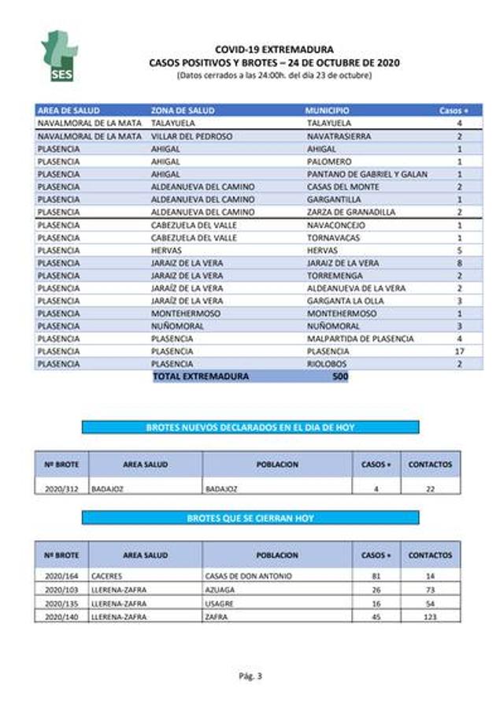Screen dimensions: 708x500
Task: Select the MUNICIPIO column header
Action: tap(327, 111)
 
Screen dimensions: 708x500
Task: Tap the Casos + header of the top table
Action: tap(454, 111)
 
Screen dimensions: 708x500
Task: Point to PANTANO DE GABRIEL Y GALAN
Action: tap(367, 174)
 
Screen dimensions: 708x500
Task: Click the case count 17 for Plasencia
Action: tap(458, 351)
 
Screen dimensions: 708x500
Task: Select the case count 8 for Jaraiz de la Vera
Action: tap(458, 263)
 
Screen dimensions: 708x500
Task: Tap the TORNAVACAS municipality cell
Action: tap(334, 238)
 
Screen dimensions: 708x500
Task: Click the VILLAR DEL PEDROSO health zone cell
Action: tap(191, 136)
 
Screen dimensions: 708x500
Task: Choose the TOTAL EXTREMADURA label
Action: tap(201, 376)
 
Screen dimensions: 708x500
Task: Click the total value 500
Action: tap(340, 376)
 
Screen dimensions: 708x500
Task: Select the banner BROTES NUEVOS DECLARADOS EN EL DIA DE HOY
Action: tap(250, 427)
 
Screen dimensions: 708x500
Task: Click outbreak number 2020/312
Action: tap(61, 488)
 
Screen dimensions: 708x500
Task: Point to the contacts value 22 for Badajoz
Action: tap(430, 488)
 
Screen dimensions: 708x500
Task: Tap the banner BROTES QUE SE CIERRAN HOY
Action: tap(250, 518)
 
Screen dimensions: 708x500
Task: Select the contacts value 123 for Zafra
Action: tap(430, 617)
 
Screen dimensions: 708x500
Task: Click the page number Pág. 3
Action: tap(250, 676)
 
